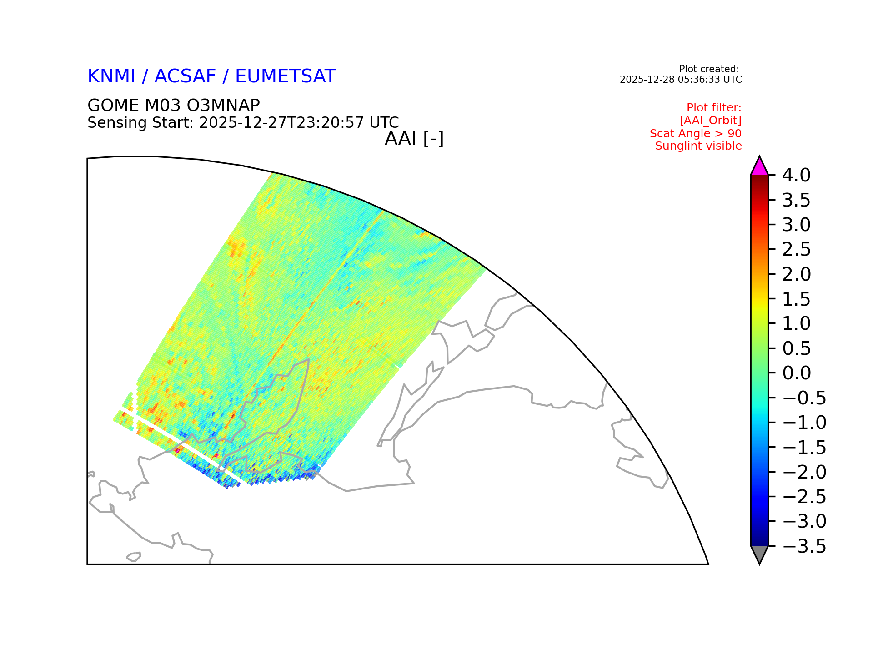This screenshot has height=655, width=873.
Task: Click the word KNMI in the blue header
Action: point(111,76)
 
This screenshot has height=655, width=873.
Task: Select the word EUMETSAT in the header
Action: point(286,76)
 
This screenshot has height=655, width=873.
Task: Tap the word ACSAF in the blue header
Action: point(185,76)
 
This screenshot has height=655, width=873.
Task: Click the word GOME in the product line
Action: point(113,106)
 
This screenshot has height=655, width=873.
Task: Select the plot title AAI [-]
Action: point(414,139)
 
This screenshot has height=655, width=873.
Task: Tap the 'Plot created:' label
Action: point(709,70)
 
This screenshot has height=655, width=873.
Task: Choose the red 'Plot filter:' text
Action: point(714,108)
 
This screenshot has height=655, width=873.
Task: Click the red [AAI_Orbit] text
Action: point(711,121)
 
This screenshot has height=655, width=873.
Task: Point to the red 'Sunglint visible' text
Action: point(698,146)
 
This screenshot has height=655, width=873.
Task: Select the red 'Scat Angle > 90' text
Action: point(696,134)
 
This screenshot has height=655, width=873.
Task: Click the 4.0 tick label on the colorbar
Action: point(796,176)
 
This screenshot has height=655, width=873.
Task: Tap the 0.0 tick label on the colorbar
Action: point(797,373)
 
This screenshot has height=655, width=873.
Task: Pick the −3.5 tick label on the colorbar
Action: point(804,547)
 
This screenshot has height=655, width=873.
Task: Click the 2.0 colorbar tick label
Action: point(797,275)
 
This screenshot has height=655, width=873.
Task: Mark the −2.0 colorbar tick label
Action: point(804,473)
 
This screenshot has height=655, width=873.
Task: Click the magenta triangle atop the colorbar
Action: point(759,167)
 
